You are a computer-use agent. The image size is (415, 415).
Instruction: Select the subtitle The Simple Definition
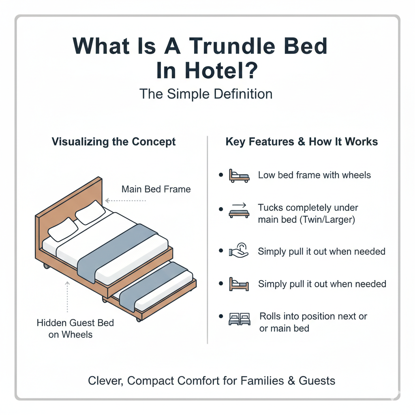pos(206,94)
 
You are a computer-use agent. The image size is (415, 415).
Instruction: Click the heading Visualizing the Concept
pos(113,141)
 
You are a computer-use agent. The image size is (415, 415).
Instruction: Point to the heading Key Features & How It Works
pos(302,141)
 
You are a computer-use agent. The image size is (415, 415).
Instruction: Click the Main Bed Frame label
pos(156,189)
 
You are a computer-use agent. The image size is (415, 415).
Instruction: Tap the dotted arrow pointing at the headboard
pos(126,201)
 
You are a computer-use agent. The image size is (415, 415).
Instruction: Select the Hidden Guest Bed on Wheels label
pos(75,328)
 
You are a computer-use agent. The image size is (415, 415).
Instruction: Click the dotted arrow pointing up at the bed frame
pos(68,297)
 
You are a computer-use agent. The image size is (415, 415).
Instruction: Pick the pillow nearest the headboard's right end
pos(90,212)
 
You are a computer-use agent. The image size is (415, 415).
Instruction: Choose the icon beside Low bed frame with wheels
pos(239,176)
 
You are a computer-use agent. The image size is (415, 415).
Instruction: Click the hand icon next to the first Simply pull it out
pos(239,251)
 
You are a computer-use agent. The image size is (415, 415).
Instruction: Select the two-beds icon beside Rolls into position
pos(240,319)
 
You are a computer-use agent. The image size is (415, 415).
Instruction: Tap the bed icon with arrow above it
pos(239,210)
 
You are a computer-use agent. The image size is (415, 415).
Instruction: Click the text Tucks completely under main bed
pos(308,214)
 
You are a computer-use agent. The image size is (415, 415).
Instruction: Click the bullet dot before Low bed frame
pos(221,175)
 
